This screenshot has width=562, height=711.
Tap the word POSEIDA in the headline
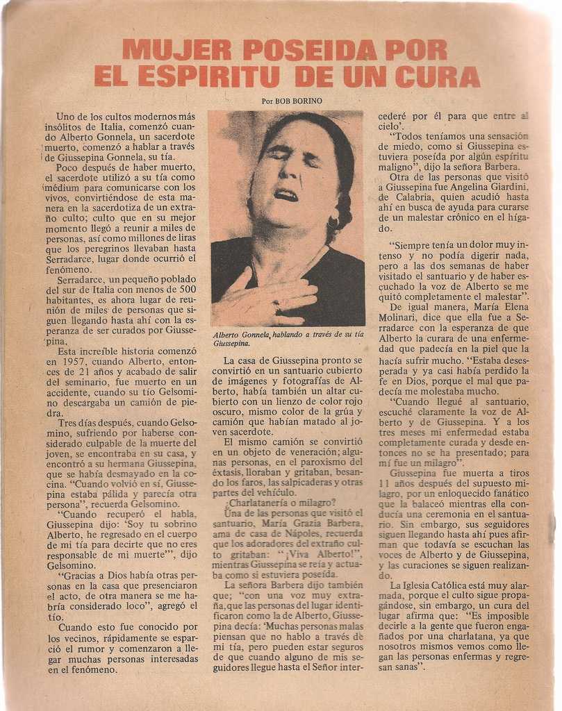[309, 50]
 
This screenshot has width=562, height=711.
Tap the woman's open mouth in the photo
[286, 194]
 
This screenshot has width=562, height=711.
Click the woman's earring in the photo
[334, 223]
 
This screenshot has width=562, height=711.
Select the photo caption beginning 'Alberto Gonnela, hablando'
[288, 339]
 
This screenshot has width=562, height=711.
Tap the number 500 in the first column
[188, 290]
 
